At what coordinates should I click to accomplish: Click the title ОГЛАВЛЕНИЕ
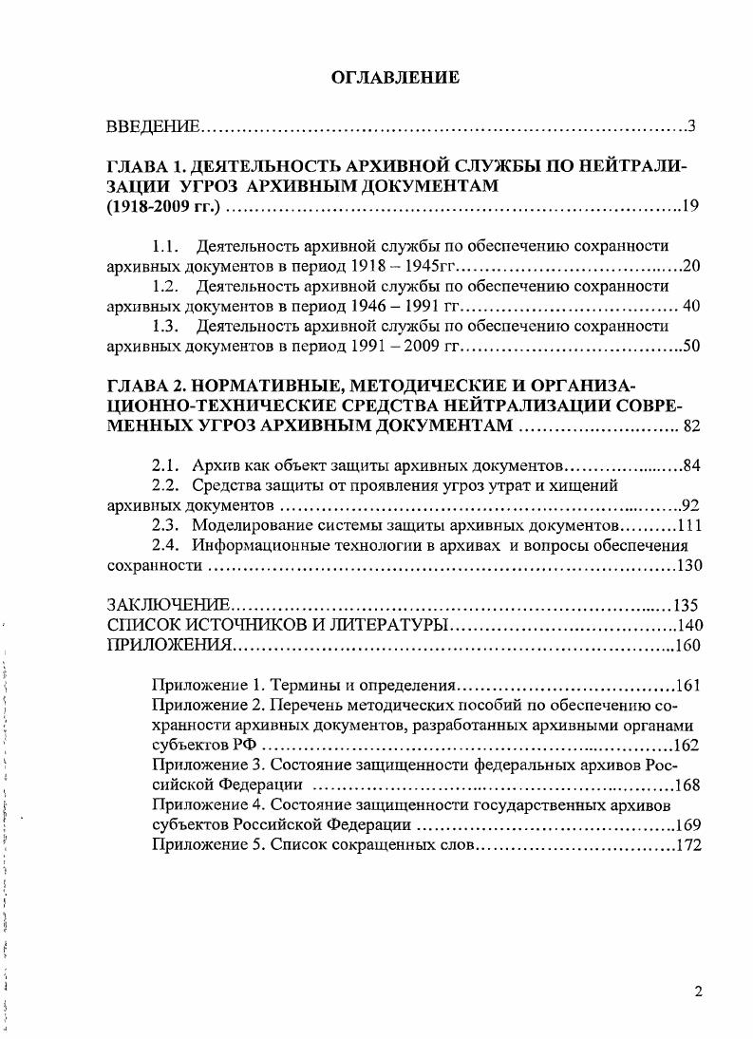[x=394, y=78]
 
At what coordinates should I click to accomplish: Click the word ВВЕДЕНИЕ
[x=152, y=126]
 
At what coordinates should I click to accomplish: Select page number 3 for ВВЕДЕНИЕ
[x=692, y=126]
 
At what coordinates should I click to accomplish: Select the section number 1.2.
[x=167, y=285]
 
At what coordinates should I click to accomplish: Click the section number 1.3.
[x=167, y=325]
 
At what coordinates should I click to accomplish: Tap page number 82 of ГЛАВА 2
[x=690, y=426]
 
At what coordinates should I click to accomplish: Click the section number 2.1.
[x=167, y=465]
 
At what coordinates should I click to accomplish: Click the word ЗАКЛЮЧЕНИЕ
[x=168, y=606]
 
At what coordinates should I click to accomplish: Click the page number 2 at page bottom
[x=698, y=993]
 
